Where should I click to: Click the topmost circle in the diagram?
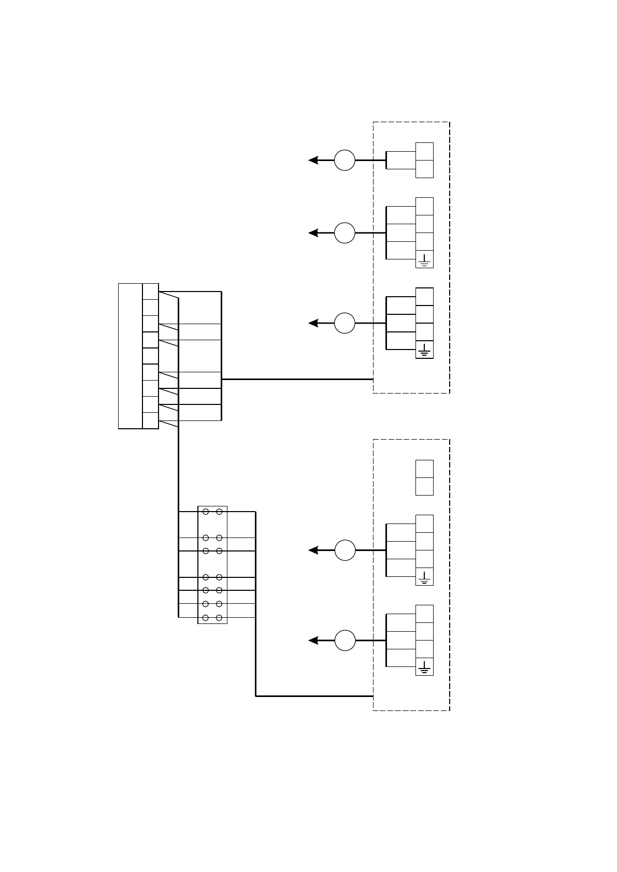(x=345, y=160)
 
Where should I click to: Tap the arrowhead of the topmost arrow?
(x=312, y=160)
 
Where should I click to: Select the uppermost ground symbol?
(x=424, y=259)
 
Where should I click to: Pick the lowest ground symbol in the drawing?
(x=424, y=667)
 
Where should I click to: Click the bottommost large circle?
(x=345, y=641)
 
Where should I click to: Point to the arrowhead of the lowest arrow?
(x=312, y=641)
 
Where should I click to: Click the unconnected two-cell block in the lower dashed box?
(x=424, y=477)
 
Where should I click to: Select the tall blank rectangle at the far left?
(x=131, y=356)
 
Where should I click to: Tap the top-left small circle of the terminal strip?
(x=206, y=512)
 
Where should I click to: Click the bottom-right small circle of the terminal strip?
(x=219, y=618)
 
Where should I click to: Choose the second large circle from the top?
(x=345, y=233)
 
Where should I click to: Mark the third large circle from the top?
(x=345, y=323)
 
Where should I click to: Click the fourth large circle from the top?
(x=345, y=550)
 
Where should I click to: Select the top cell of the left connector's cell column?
(x=150, y=291)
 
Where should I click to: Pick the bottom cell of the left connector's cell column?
(x=150, y=420)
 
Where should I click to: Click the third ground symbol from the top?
(x=424, y=577)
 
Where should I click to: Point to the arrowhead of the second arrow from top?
(x=312, y=233)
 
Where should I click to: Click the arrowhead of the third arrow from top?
(x=312, y=323)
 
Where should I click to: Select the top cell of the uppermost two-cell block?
(x=424, y=151)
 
